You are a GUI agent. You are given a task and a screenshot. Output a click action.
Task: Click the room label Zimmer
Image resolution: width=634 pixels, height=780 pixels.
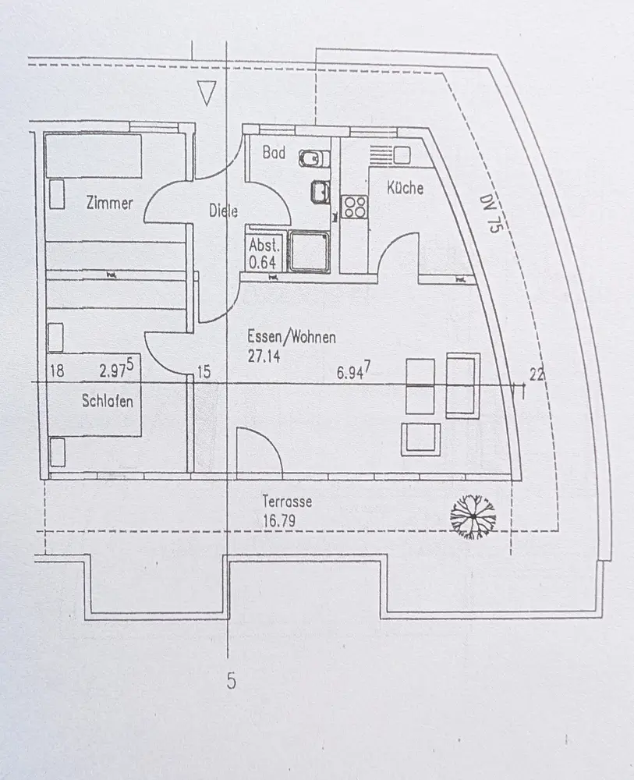click(109, 204)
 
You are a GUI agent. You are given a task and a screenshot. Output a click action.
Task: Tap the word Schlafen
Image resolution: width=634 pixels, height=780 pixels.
click(107, 402)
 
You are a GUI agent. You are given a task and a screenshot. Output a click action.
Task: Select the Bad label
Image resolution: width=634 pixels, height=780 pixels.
click(274, 153)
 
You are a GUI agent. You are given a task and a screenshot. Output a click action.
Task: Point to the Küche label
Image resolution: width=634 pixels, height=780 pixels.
click(406, 188)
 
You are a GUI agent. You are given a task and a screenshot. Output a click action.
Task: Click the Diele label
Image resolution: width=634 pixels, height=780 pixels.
click(223, 210)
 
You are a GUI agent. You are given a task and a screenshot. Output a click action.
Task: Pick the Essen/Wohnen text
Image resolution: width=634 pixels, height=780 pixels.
click(292, 338)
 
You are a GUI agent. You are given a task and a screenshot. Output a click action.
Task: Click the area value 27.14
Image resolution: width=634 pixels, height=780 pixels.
click(265, 356)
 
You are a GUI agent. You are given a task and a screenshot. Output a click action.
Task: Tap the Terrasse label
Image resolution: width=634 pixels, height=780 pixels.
click(287, 502)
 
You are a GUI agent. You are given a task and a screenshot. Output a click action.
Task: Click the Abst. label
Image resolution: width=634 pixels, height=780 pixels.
click(264, 245)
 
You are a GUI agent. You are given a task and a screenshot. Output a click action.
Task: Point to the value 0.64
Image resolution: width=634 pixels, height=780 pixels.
click(264, 262)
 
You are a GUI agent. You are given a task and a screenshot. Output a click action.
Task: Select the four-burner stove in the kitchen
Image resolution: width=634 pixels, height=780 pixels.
click(355, 206)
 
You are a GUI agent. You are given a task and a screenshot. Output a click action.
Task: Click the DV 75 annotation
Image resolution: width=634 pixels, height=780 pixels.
click(489, 211)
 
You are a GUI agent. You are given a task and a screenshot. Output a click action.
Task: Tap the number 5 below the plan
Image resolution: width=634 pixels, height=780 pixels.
click(231, 682)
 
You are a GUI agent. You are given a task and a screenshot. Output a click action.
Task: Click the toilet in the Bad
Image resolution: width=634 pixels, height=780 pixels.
click(310, 160)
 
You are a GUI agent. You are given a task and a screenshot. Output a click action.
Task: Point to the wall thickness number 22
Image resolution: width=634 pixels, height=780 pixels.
click(537, 374)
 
